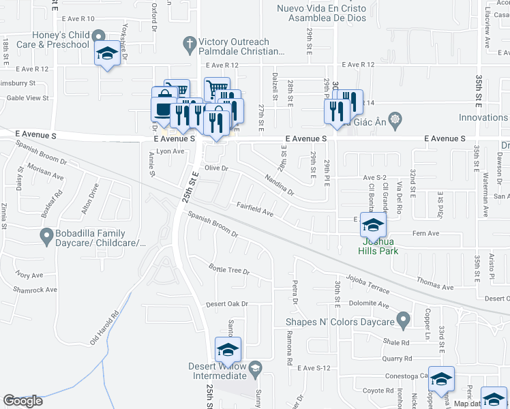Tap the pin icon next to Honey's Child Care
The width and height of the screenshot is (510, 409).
coord(100,36)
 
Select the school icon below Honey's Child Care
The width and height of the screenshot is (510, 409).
coord(107,54)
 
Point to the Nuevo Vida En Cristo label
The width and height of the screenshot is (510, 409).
coord(321,14)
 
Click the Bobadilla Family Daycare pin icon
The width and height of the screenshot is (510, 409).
coord(46,237)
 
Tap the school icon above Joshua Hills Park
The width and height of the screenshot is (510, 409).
coord(373,224)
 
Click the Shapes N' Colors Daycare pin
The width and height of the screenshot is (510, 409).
coord(403,319)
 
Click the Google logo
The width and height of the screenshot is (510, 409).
coord(22,401)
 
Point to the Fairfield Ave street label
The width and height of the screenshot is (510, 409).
coord(255,209)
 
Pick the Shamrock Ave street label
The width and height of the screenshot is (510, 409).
coord(36,290)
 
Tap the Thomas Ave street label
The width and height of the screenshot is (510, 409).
coord(434,284)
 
